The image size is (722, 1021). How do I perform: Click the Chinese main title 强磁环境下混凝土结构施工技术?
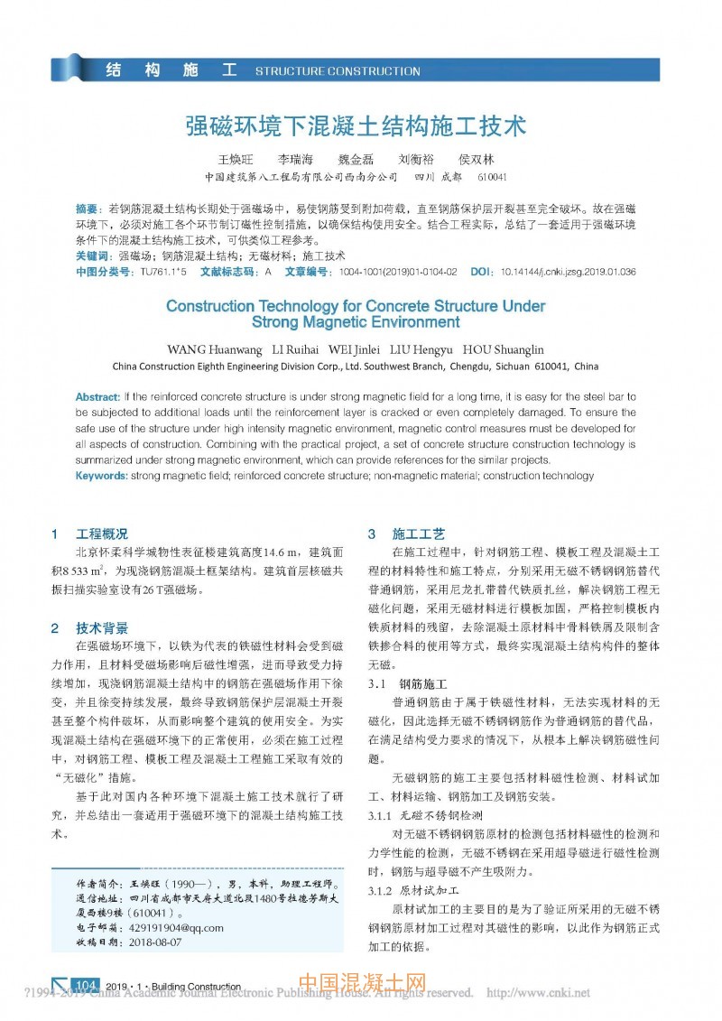(x=356, y=125)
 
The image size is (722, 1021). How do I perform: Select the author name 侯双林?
(x=477, y=159)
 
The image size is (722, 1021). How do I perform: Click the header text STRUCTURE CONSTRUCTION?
(x=338, y=70)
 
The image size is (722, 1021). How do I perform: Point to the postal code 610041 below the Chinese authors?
(x=492, y=177)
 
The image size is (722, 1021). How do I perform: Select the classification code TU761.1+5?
(x=163, y=271)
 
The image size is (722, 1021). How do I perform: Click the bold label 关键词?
(x=92, y=256)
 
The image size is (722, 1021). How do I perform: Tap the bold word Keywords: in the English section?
(x=101, y=475)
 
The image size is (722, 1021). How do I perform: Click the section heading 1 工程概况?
(x=90, y=534)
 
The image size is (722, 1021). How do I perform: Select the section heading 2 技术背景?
(x=90, y=628)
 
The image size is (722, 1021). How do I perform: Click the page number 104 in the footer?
(x=87, y=986)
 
